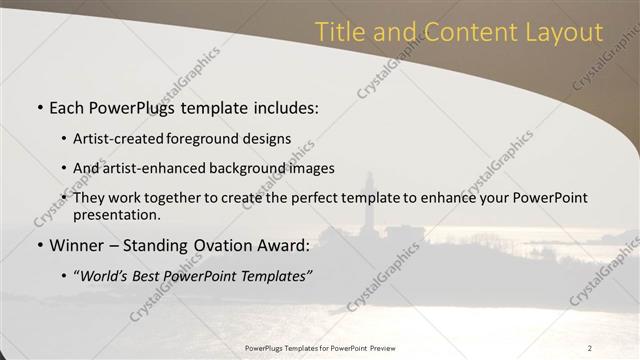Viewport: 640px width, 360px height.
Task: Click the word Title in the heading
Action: point(339,32)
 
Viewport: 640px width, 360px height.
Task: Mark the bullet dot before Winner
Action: point(39,245)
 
